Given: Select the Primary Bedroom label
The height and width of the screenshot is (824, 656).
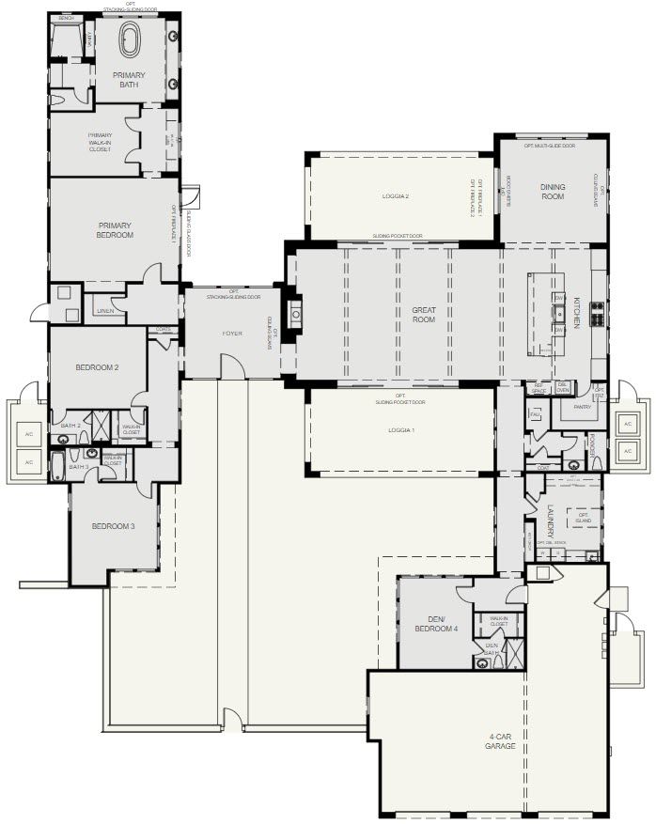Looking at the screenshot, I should (114, 229).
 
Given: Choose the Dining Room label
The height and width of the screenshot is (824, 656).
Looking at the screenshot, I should (553, 192).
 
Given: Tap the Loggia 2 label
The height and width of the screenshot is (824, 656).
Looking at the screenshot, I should (396, 196).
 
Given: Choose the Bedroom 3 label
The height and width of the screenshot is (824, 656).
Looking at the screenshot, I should (113, 526).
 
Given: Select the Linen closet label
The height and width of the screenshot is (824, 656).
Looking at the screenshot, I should (104, 310).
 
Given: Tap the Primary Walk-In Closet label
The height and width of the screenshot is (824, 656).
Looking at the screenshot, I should (99, 142).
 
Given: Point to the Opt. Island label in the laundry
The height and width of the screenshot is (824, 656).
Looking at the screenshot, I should (583, 518).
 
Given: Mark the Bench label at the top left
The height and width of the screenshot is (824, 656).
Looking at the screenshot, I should (66, 19).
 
